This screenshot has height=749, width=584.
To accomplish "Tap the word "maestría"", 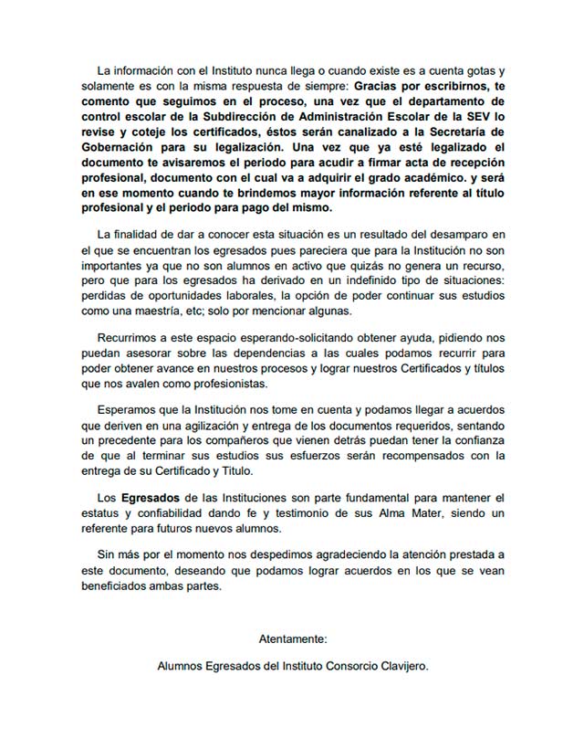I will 143,309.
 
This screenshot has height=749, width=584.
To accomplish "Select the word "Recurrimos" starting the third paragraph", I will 129,339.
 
